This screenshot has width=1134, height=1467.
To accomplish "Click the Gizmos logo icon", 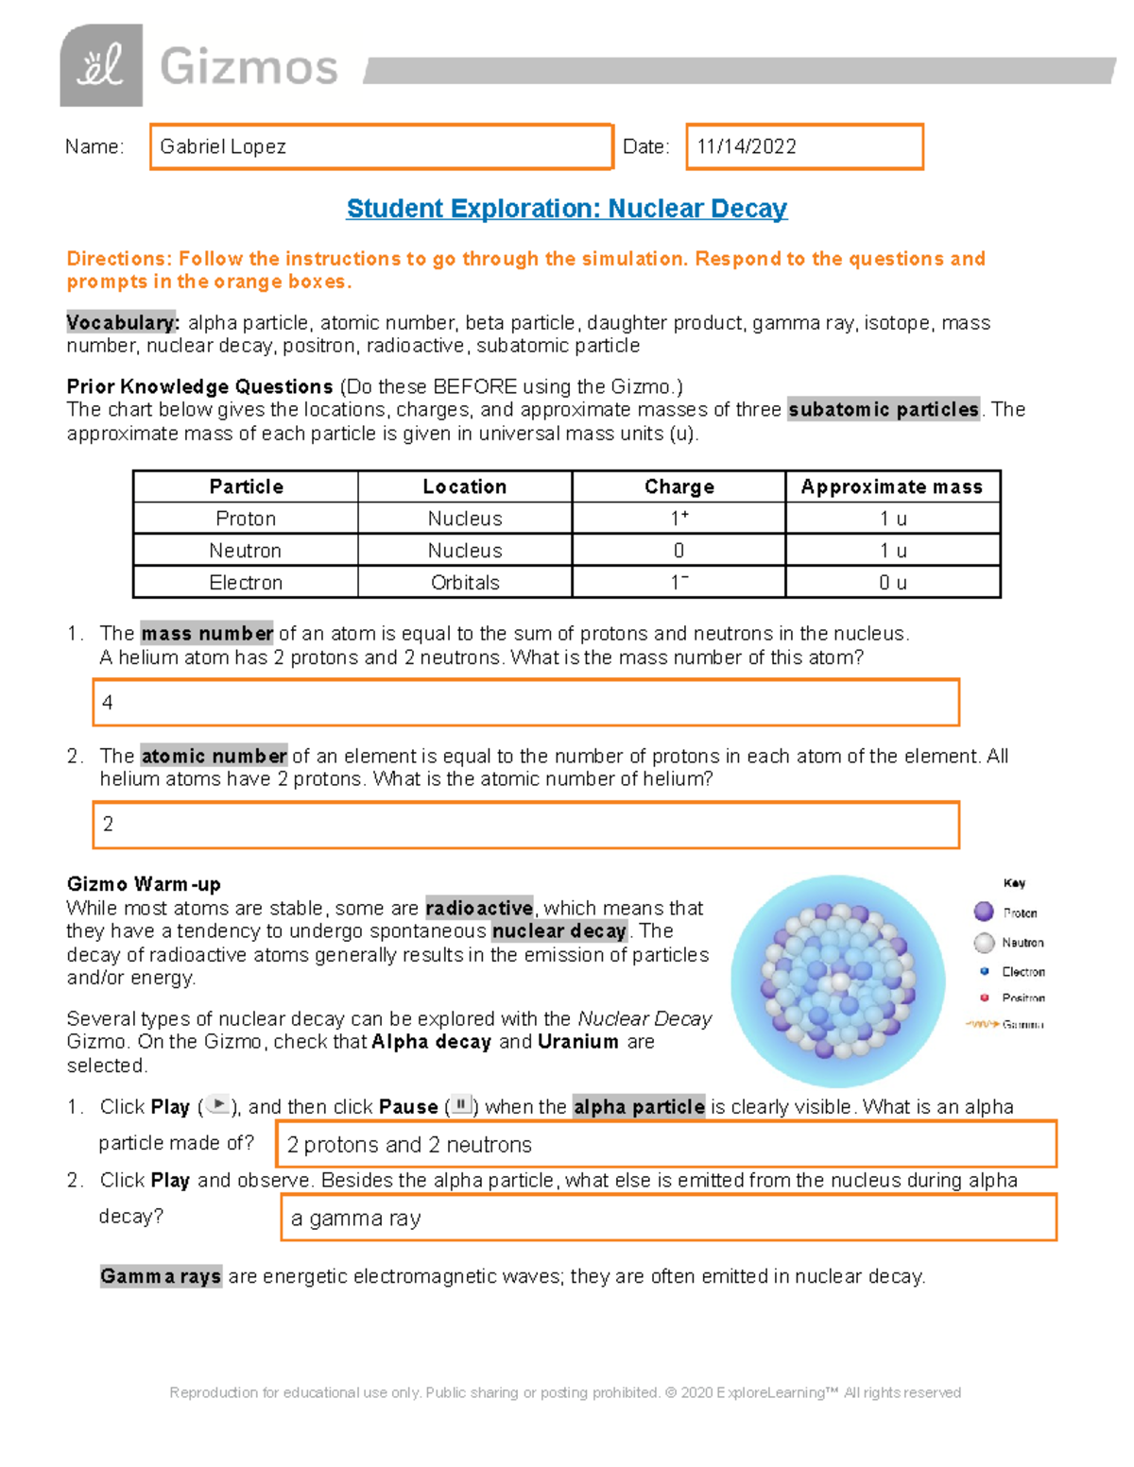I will (101, 66).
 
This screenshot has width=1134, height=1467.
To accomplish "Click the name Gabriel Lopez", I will (223, 146).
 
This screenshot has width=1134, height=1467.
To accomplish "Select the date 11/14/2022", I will (747, 146).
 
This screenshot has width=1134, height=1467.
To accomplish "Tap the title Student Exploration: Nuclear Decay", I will (566, 209).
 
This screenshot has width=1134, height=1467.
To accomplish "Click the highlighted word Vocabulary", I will (122, 323).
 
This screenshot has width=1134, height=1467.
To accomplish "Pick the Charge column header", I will (679, 486).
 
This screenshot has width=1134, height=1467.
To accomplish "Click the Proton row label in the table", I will (246, 519).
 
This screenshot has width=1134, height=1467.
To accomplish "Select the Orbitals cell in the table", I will (465, 583).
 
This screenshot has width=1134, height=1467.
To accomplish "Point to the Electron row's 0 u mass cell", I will (892, 583).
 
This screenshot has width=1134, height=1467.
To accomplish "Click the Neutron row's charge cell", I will (679, 551).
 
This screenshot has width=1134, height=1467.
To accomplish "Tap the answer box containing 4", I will (525, 703).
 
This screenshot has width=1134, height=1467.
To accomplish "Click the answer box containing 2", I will (525, 825).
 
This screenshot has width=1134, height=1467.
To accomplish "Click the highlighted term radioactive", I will (479, 908).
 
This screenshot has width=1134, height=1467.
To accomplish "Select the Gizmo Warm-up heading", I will (144, 884).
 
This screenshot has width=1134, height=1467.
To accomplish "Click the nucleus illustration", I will (837, 981).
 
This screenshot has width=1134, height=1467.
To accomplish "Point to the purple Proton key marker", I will (984, 912).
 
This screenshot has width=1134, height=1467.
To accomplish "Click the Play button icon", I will (218, 1104).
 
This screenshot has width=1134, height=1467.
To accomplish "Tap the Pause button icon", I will (460, 1104).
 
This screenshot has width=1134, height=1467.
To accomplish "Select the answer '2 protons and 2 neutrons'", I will (409, 1145).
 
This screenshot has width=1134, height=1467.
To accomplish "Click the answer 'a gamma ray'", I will (356, 1219).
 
